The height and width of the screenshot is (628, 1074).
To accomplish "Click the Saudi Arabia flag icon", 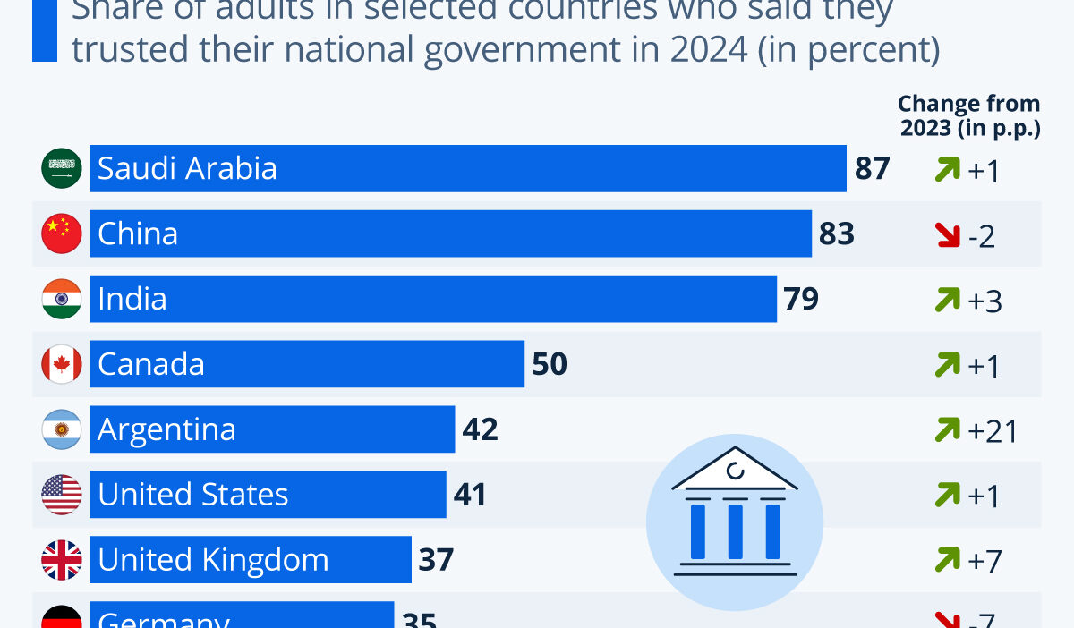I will click(x=62, y=168).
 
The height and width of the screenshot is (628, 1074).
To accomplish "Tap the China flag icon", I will click(x=62, y=233).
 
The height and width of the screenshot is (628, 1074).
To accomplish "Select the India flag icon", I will click(x=62, y=299).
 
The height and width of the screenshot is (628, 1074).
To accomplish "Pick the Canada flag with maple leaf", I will click(x=62, y=364).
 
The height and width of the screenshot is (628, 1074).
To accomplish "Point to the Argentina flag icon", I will click(x=62, y=429).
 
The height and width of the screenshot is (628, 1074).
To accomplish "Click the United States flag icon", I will click(x=62, y=495).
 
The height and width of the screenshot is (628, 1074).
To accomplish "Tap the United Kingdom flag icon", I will click(x=62, y=560).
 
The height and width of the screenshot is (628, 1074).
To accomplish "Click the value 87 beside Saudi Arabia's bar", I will click(x=872, y=168).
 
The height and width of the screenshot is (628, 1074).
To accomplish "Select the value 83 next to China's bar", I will click(x=837, y=233).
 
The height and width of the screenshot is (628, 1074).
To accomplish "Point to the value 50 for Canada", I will click(x=550, y=364).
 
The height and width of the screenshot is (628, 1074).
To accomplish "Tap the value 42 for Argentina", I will click(x=480, y=429).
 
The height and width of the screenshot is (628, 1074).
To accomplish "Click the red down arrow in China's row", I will click(x=947, y=235).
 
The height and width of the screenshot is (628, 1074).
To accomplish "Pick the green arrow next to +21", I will click(x=947, y=431).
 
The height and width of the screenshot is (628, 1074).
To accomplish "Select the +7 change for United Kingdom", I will click(x=984, y=562).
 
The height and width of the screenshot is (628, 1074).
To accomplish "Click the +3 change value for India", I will click(x=984, y=301).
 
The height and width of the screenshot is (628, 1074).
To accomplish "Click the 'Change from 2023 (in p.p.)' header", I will click(x=969, y=116).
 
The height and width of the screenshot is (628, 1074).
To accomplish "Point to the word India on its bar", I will click(x=132, y=299).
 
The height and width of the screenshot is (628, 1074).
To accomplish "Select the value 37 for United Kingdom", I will click(x=436, y=560).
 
